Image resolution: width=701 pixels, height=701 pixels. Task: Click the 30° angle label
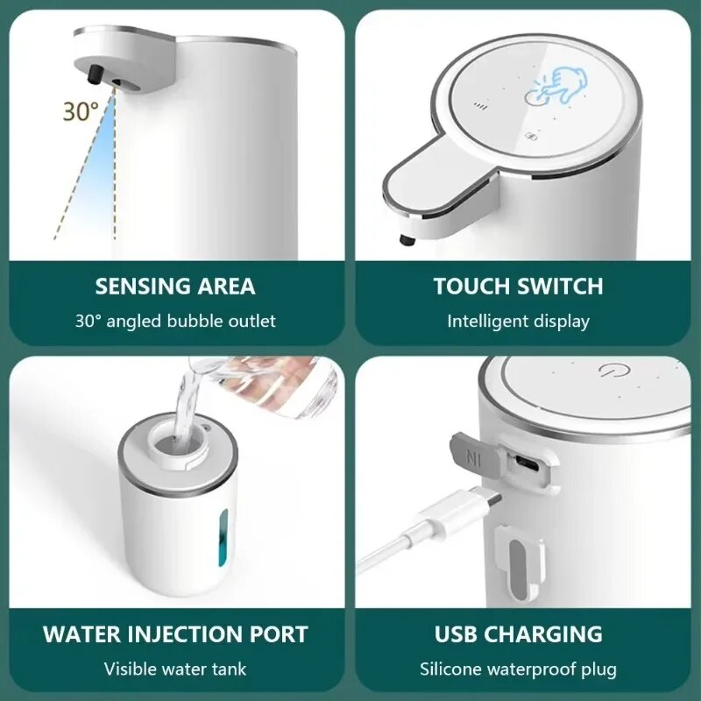[80, 111]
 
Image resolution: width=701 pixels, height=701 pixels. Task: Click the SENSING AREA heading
[175, 287]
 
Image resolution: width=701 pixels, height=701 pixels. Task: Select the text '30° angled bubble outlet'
[175, 321]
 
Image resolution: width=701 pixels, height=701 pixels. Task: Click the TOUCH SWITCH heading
[518, 287]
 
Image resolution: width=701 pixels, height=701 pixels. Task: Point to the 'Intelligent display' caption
[518, 321]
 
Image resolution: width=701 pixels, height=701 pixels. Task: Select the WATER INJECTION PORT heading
[175, 634]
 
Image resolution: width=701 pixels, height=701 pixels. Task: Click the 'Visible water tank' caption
[175, 669]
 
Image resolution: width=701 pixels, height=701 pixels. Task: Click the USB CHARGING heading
[518, 634]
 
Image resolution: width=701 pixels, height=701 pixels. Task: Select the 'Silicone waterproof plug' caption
[518, 669]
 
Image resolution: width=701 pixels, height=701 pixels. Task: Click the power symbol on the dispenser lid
[611, 369]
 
